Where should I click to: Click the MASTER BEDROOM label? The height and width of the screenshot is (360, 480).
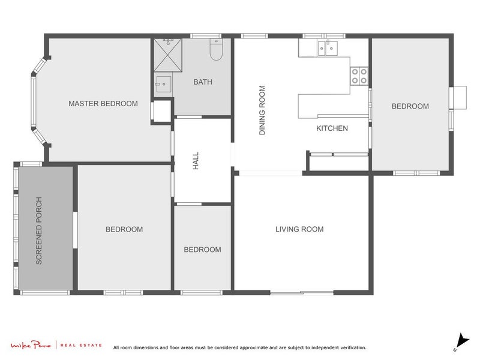click(103, 104)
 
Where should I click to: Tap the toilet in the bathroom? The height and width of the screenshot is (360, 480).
click(216, 50)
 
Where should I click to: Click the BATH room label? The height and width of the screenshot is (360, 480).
click(202, 82)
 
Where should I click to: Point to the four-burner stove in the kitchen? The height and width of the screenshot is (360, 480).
click(359, 76)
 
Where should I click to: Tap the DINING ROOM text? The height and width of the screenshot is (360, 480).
click(262, 110)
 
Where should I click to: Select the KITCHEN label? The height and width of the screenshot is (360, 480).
click(332, 128)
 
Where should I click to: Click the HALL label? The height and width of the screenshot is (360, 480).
click(196, 161)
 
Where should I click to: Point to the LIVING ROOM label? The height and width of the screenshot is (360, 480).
click(299, 229)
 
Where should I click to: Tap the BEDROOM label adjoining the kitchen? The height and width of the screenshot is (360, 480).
click(410, 106)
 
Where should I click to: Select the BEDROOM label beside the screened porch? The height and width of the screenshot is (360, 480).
click(124, 229)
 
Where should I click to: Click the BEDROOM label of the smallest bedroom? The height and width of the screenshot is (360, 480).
click(202, 250)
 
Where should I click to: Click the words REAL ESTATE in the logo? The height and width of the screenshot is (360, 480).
click(82, 346)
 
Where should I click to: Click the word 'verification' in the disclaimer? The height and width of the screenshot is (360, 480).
click(350, 347)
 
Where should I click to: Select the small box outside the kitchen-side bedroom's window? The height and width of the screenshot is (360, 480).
click(459, 97)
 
